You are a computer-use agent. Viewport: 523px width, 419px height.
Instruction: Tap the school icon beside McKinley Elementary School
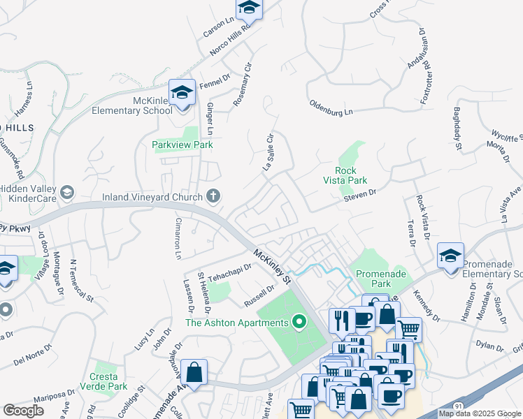point(182,92)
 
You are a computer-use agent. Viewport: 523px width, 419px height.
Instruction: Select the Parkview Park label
point(182,145)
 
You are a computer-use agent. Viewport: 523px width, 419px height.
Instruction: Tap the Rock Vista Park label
point(345,175)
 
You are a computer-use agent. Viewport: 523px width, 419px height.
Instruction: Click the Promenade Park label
point(382,279)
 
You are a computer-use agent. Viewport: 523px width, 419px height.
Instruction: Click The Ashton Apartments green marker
point(299,323)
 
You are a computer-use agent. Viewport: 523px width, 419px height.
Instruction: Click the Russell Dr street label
point(259,295)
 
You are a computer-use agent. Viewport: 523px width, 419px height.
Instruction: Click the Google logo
point(23,411)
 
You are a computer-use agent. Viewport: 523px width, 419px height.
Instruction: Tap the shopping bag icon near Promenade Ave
point(194,372)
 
